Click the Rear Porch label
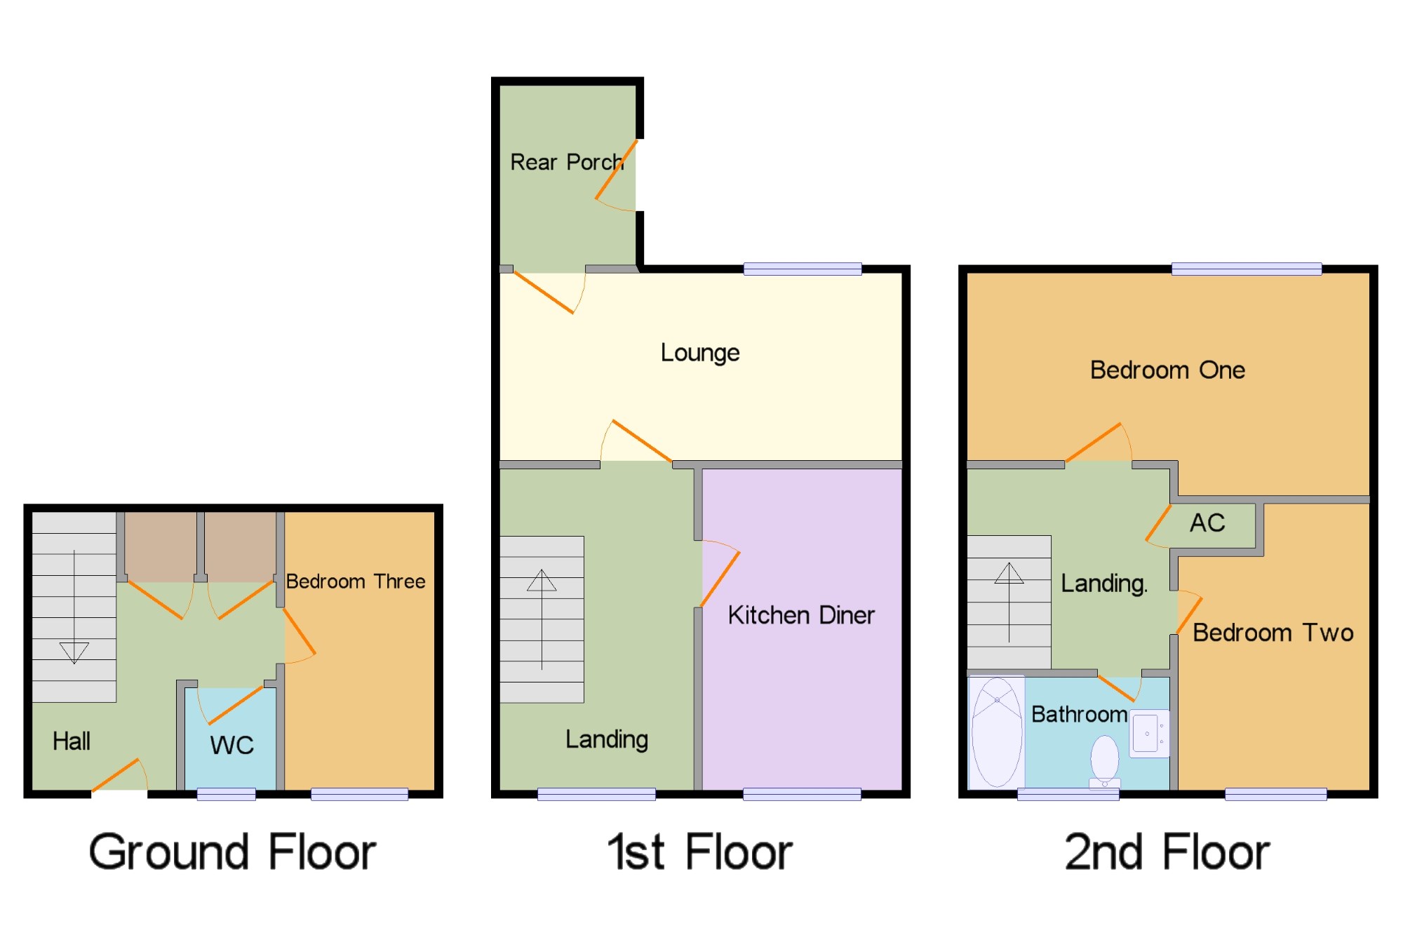(x=567, y=162)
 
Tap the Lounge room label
(x=700, y=353)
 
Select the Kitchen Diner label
(x=801, y=615)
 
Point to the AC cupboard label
(x=1207, y=523)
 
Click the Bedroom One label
(x=1167, y=370)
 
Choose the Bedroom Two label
(x=1273, y=633)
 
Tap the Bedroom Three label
(x=356, y=581)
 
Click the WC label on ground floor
(x=231, y=745)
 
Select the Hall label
(x=72, y=741)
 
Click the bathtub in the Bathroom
(x=997, y=732)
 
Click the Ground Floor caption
(x=232, y=852)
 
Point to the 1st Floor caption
(x=700, y=852)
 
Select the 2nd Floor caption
(x=1167, y=852)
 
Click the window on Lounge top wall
(x=803, y=269)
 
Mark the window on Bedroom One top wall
(x=1247, y=269)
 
